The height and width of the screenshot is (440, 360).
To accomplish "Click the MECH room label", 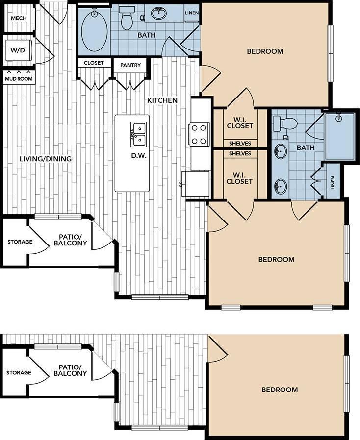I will click(18, 19).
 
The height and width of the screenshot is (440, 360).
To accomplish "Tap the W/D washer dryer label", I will click(18, 49).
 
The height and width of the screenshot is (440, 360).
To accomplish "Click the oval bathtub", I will click(94, 31).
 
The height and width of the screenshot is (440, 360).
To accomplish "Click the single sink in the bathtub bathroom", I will click(158, 14).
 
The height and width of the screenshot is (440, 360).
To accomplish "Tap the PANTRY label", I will click(130, 65).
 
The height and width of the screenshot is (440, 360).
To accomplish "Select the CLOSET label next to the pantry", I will click(94, 63).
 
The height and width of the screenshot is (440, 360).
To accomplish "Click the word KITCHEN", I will click(162, 100).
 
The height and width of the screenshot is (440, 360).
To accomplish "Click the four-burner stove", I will click(199, 134).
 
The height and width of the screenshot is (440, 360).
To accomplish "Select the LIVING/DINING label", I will click(46, 159).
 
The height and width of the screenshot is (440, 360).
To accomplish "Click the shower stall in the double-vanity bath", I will click(339, 136).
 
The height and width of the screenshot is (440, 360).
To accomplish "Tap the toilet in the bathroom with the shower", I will click(285, 123).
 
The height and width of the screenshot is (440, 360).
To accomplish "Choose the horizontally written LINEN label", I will click(191, 13).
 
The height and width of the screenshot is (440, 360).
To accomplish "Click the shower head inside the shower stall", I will click(338, 118).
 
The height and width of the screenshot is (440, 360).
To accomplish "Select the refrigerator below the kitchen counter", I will click(195, 184).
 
